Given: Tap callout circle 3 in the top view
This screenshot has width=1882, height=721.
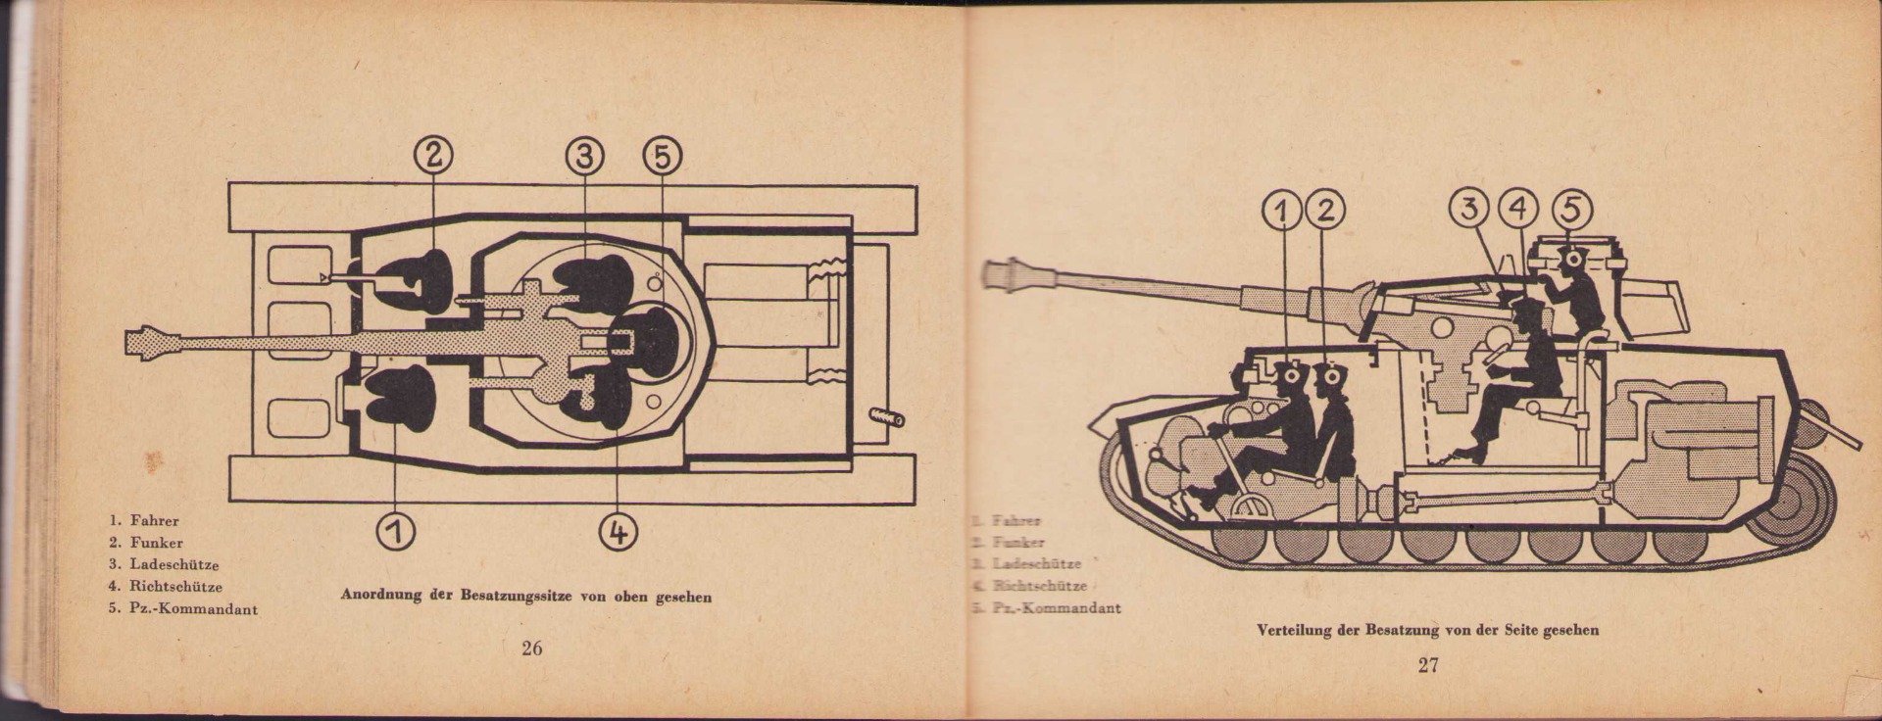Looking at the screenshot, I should click(x=584, y=155).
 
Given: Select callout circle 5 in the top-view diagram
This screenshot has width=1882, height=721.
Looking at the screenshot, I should click(x=662, y=155).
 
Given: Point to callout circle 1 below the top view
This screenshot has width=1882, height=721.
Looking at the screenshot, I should click(x=394, y=531).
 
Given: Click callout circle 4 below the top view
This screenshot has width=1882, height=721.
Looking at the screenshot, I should click(x=618, y=531).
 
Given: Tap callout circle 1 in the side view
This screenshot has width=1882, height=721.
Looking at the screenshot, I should click(x=1284, y=210).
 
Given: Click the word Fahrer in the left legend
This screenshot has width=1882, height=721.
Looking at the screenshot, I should click(x=154, y=521).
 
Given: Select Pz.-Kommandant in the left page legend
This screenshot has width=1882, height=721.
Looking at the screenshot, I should click(x=193, y=609).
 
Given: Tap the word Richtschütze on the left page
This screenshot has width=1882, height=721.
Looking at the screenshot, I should click(x=175, y=587).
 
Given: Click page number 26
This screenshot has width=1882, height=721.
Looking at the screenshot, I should click(x=532, y=649).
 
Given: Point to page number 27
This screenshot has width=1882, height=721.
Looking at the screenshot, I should click(x=1428, y=666).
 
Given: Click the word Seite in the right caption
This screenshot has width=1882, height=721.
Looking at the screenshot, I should click(x=1521, y=630).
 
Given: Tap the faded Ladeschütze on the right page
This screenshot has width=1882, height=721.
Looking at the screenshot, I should click(x=1036, y=564).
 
